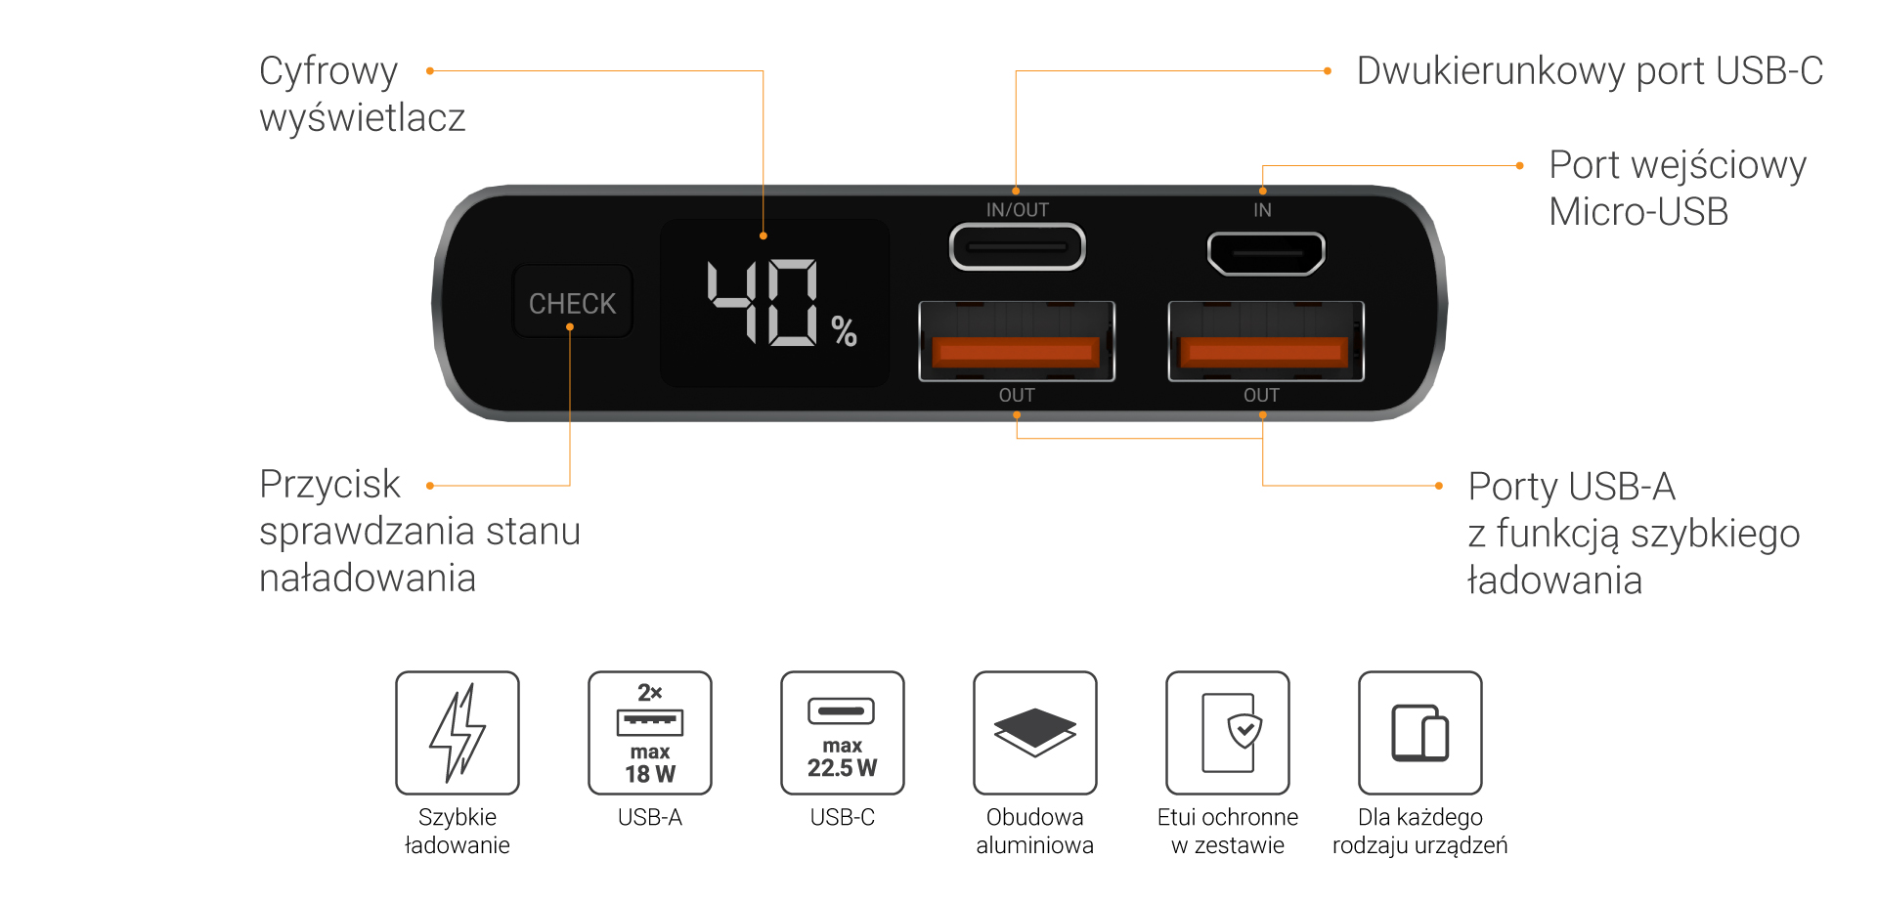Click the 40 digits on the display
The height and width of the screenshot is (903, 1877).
[763, 302]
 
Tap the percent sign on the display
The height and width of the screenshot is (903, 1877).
[844, 331]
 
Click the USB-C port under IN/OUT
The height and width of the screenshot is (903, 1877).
[1017, 247]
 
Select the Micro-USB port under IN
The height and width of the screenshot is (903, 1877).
[1266, 253]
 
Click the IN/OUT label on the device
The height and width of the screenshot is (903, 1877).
[1017, 210]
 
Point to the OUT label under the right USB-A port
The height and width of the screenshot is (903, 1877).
[1261, 395]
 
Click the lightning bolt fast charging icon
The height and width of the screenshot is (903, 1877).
[458, 733]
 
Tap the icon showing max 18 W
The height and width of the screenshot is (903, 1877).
[650, 733]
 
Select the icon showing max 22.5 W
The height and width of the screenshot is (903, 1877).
[843, 733]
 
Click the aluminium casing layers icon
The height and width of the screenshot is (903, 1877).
[1034, 733]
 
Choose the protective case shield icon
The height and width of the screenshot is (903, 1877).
[1228, 733]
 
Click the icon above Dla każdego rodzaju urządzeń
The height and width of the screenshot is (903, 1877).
[1419, 733]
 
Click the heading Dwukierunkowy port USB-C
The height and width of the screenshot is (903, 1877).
[1590, 71]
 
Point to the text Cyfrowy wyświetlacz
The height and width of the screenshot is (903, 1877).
[362, 95]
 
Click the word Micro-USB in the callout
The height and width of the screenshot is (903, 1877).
[1638, 212]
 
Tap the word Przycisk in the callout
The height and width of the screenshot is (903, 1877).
[329, 485]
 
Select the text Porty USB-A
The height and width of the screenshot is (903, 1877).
[1571, 487]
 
